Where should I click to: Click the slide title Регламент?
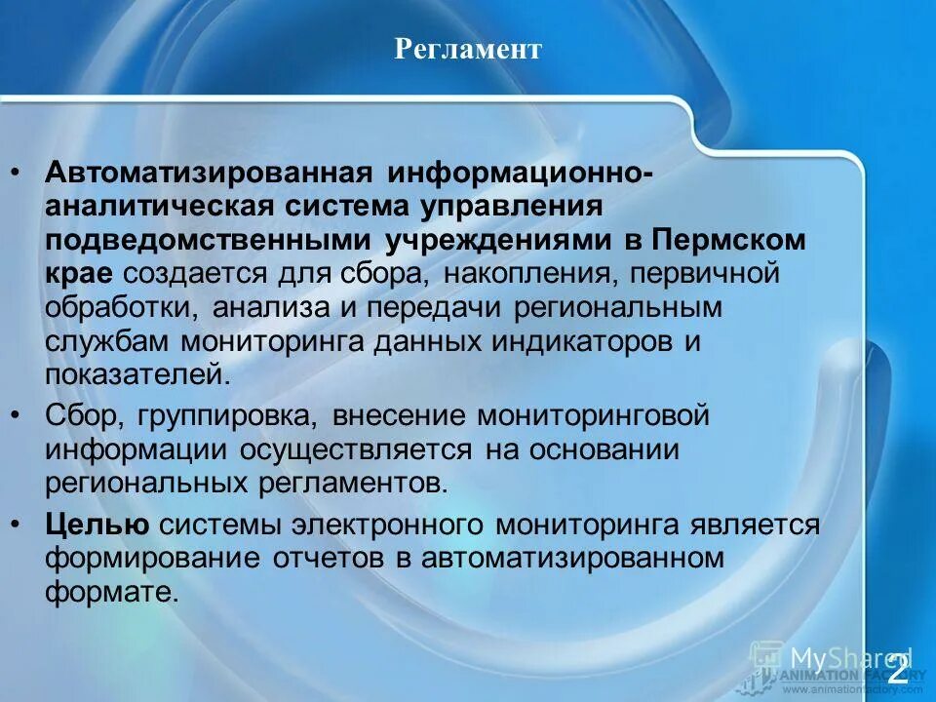(x=468, y=49)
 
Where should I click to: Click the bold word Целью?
(x=97, y=525)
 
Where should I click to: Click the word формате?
(x=112, y=592)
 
